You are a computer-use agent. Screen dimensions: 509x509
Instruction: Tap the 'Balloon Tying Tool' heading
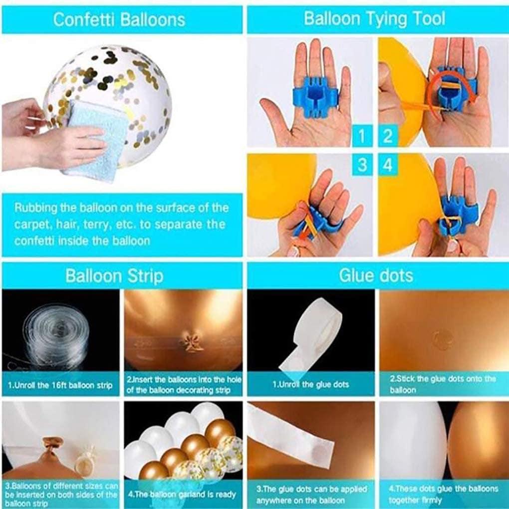(x=374, y=19)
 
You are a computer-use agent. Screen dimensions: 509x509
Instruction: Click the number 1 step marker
(x=362, y=136)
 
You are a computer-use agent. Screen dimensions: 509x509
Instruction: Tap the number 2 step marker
(x=388, y=136)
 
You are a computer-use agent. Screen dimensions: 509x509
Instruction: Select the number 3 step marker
(x=362, y=165)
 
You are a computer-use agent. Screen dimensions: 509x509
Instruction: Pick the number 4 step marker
(x=388, y=165)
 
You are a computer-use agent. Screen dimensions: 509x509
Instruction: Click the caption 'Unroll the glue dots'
(x=310, y=385)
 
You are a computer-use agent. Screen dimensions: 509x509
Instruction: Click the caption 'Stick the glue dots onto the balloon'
(x=443, y=384)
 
